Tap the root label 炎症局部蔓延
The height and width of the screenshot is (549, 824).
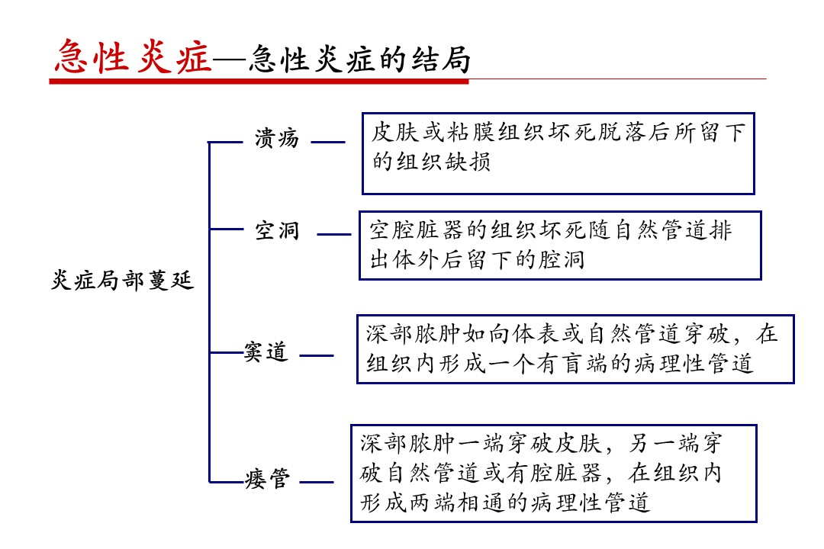pos(122,280)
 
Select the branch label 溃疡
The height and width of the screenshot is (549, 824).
pos(277,139)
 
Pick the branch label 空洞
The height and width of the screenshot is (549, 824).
pos(277,230)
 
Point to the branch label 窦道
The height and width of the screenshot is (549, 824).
pos(266,352)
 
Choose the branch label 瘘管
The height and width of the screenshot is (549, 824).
pos(268,479)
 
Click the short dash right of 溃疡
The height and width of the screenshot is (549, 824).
pos(328,142)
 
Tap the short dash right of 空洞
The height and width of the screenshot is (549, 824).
pos(334,234)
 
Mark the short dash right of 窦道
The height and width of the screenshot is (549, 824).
pos(317,355)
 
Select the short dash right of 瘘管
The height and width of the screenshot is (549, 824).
pos(317,482)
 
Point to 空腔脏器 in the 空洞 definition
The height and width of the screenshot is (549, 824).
pos(417,230)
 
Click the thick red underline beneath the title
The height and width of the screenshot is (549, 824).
pos(259,81)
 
